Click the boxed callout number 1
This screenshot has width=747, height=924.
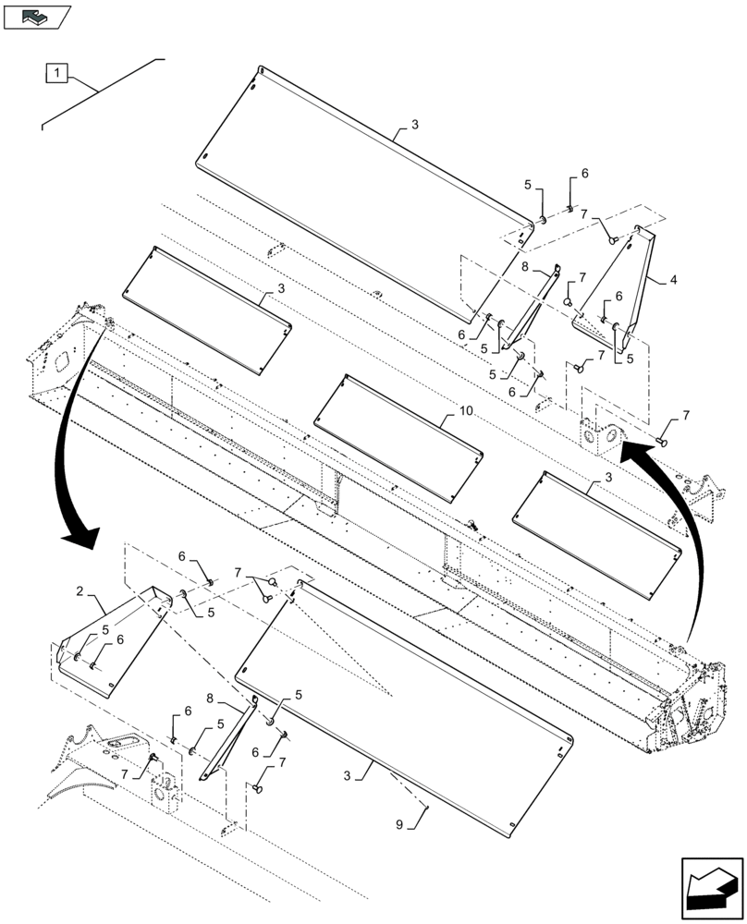(56, 72)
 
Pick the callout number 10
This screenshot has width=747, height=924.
(464, 408)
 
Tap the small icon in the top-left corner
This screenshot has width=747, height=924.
(37, 16)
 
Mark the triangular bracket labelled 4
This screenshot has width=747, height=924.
(624, 286)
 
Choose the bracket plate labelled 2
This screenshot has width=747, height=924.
(111, 638)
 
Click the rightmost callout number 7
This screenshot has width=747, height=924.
(686, 418)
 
